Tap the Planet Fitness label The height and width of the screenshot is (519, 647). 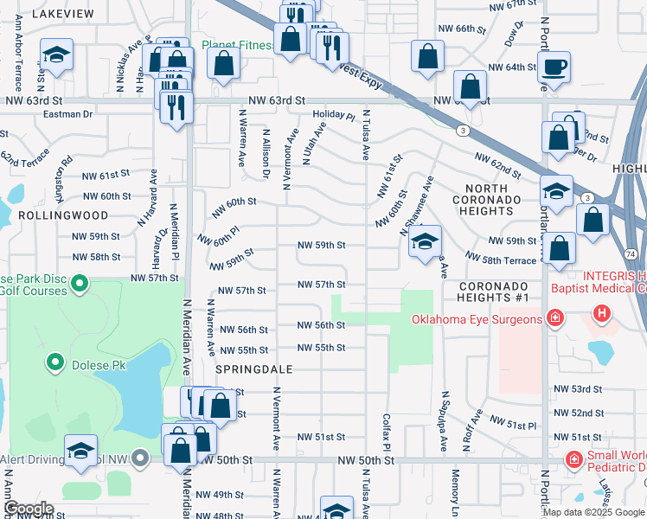click(238, 45)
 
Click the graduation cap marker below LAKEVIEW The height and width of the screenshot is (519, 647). click(57, 57)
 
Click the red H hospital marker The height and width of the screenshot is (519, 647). click(600, 313)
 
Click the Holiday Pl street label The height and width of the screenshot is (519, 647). click(334, 114)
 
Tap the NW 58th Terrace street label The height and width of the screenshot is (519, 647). click(501, 258)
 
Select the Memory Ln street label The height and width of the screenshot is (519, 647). click(455, 489)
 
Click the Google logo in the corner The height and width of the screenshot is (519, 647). click(29, 509)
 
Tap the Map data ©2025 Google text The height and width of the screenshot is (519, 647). click(593, 512)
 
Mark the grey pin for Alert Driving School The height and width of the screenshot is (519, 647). click(141, 458)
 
